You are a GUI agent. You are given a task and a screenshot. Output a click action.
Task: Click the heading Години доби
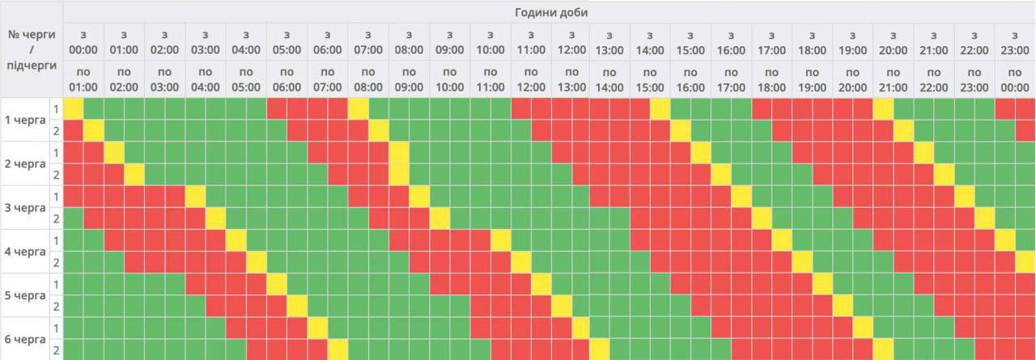tap(550, 12)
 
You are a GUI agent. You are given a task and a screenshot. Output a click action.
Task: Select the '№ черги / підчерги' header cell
tap(31, 49)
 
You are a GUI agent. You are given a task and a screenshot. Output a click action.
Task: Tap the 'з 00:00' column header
tap(83, 42)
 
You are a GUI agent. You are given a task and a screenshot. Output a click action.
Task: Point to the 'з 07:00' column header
tap(367, 42)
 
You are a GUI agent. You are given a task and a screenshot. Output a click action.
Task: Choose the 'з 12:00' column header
tap(571, 42)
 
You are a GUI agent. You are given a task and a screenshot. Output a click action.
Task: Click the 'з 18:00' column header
tap(812, 42)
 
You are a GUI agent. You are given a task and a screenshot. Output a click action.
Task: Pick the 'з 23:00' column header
tap(1015, 42)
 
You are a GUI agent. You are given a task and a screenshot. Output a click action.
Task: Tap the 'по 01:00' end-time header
tap(83, 79)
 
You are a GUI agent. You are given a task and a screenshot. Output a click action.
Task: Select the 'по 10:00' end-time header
tap(449, 79)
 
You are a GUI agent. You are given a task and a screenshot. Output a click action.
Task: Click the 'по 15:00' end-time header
tap(650, 79)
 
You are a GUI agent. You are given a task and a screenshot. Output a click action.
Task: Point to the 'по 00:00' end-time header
tap(1015, 79)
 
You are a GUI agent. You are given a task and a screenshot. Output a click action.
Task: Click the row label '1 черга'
tap(25, 120)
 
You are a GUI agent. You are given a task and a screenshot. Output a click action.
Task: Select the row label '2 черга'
tap(25, 163)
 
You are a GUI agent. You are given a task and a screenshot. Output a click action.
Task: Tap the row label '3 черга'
tap(25, 207)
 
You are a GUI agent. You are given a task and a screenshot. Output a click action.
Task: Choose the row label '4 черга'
tap(25, 251)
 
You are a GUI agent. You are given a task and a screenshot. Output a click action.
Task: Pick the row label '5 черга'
tap(25, 294)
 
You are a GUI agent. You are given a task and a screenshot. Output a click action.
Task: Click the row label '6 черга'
tap(25, 338)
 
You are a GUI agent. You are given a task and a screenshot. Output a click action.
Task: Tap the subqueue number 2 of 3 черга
tap(56, 218)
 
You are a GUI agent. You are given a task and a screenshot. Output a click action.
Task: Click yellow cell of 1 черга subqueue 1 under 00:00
tap(74, 108)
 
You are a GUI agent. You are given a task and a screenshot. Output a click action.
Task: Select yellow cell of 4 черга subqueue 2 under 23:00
tap(1025, 261)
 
